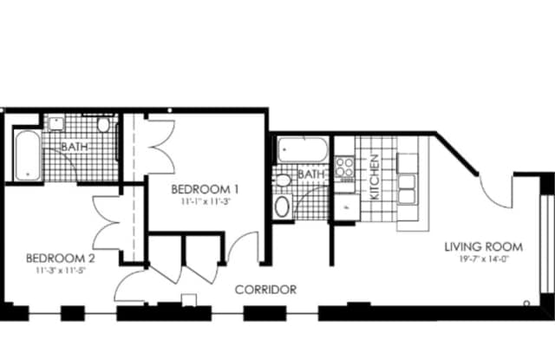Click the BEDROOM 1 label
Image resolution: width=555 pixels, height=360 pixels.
(205, 188)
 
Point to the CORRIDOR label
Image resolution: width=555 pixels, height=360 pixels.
(266, 290)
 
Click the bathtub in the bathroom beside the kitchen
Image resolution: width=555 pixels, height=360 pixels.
(301, 149)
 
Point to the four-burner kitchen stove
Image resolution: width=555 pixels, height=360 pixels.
(345, 167)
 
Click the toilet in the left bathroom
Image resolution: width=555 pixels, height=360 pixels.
(104, 127)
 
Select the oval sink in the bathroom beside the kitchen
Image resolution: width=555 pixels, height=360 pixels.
(283, 207)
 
